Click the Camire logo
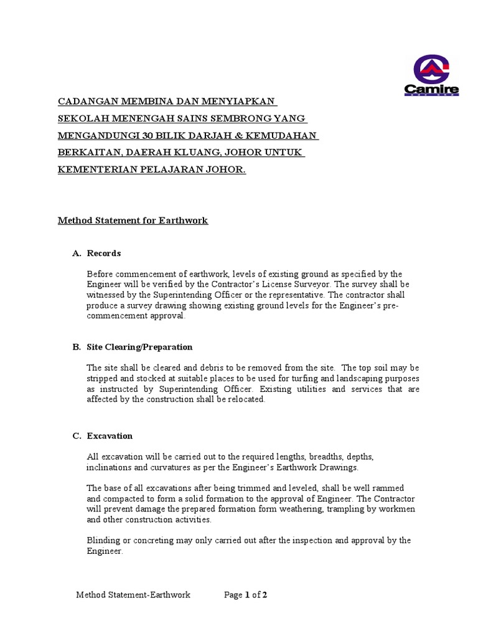coord(431,75)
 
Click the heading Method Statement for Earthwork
coord(133,220)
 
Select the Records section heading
coord(104,254)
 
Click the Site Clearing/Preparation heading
coord(139,347)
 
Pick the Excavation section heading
coord(110,436)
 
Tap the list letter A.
coord(76,254)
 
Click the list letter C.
coord(76,436)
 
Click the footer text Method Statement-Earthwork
coord(133,595)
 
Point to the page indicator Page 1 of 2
coord(245,595)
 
